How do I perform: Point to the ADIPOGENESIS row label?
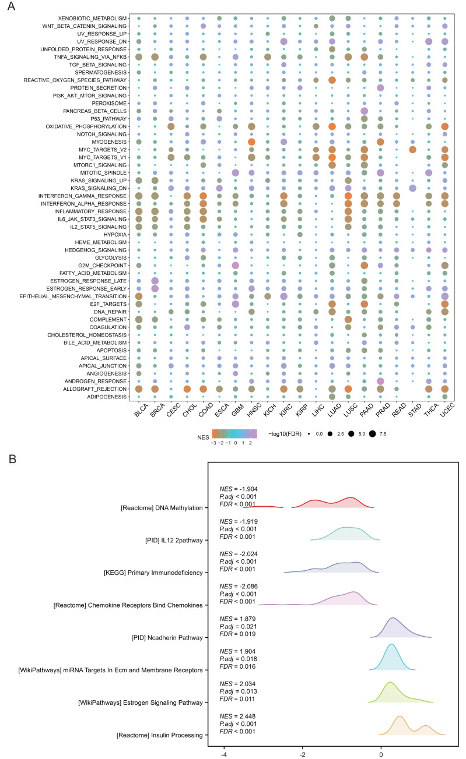[x=106, y=396]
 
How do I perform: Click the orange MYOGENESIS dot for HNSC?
[x=252, y=142]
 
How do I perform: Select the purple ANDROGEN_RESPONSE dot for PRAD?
[x=380, y=381]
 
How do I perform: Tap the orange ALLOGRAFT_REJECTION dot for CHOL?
[x=187, y=389]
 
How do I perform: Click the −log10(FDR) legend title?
[x=291, y=434]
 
